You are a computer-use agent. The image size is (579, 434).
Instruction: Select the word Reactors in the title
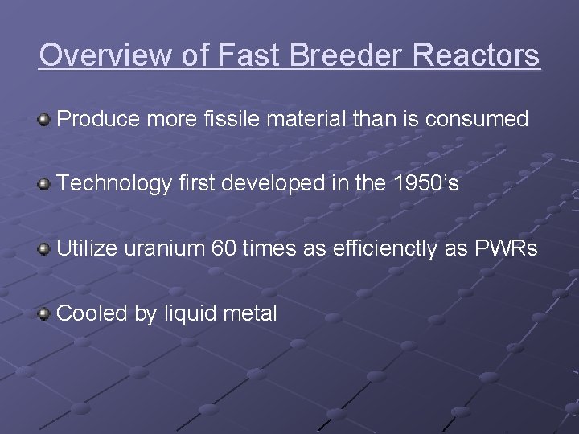480,55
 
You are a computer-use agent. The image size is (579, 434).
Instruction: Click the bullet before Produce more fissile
44,120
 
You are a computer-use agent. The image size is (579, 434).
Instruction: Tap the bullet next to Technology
44,184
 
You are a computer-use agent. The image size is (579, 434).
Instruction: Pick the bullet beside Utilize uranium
44,248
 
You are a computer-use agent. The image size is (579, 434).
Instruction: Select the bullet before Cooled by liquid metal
44,313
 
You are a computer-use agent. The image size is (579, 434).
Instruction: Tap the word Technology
115,184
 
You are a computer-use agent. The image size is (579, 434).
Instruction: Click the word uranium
165,248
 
